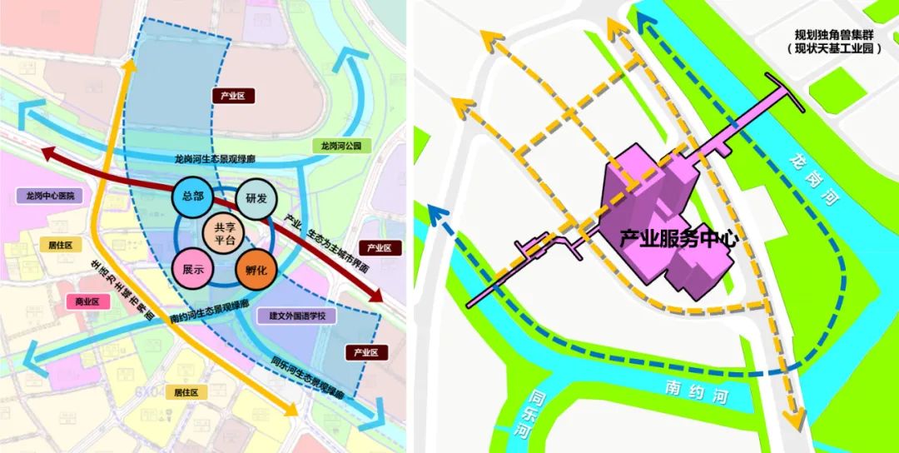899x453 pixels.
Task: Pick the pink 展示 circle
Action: click(x=193, y=270)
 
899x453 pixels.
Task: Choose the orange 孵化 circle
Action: click(x=256, y=270)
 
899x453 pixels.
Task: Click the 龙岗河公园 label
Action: click(x=341, y=146)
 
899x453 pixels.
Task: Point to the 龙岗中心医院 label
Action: click(x=51, y=196)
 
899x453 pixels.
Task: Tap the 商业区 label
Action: click(x=87, y=302)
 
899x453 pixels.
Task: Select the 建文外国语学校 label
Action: click(x=296, y=316)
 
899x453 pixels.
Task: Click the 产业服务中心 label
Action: click(x=679, y=238)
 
